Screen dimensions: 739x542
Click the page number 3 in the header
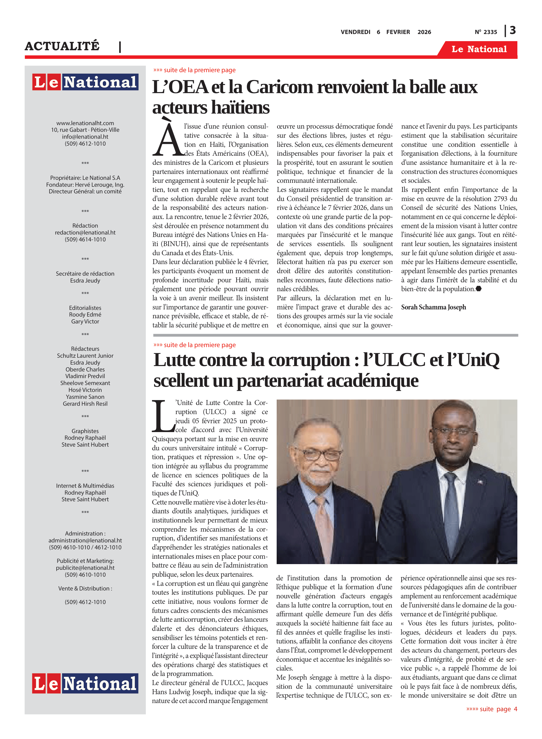pos(512,31)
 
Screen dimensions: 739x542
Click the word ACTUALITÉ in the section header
pos(62,46)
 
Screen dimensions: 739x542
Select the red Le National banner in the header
pos(479,49)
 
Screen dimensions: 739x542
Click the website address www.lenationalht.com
pos(85,123)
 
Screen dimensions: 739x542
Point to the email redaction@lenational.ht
pos(85,233)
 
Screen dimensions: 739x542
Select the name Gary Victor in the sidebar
pos(85,322)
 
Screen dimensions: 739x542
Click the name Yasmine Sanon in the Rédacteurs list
pos(85,397)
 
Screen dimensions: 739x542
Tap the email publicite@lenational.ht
pos(85,568)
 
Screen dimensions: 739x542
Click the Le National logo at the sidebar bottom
pos(85,684)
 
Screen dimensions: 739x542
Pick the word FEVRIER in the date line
pos(398,32)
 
